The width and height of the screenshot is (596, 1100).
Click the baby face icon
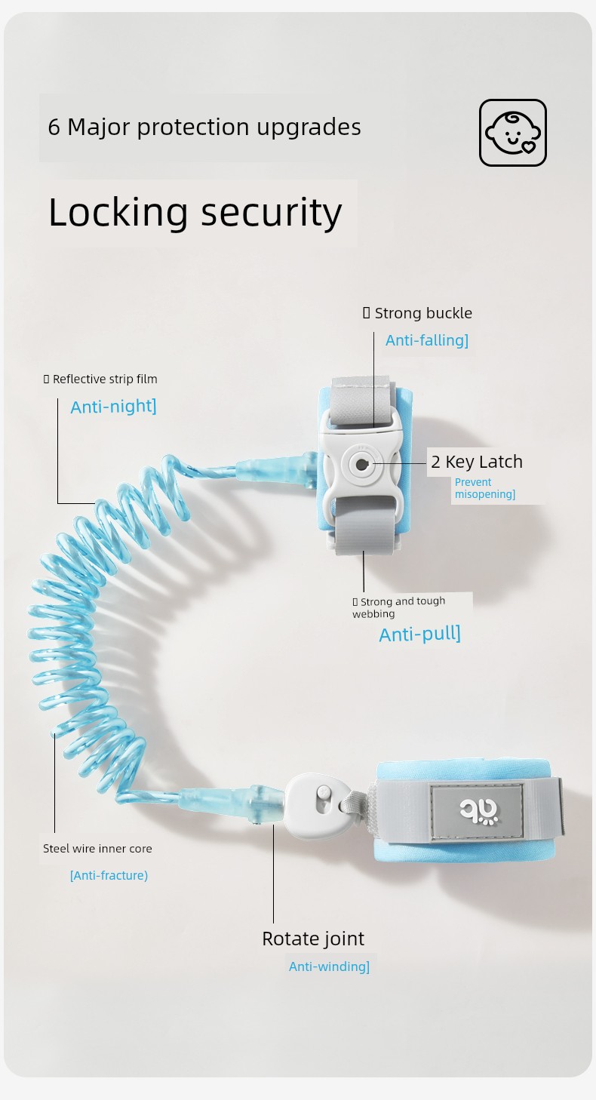[513, 133]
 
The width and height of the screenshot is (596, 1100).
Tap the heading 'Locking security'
[195, 212]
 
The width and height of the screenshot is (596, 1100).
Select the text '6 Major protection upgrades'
[204, 127]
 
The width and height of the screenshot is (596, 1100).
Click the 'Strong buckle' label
[422, 313]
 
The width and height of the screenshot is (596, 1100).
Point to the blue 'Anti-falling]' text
[426, 340]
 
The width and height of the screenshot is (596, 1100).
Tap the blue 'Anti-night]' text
[113, 407]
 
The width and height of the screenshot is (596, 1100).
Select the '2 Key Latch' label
[476, 462]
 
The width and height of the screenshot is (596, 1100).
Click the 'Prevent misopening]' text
[484, 488]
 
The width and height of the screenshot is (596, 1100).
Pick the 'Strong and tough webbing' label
[400, 607]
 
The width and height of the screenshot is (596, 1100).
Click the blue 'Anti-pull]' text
[419, 634]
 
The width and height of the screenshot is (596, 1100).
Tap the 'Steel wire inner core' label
[97, 849]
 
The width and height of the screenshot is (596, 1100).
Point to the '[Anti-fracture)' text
[109, 875]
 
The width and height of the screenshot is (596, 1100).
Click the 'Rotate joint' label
[312, 939]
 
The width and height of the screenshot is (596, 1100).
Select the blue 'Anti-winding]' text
[329, 966]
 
